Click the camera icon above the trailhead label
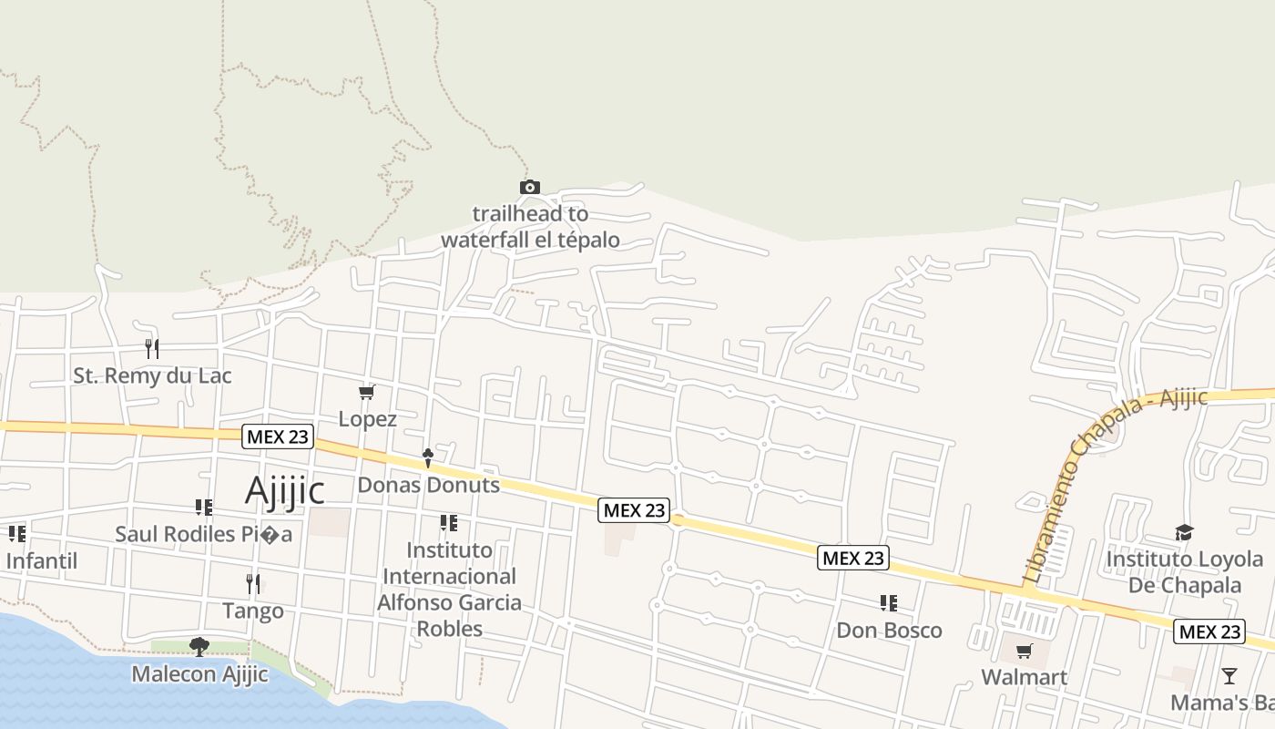coord(529,188)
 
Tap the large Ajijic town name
coord(285,490)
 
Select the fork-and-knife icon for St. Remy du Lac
coord(152,348)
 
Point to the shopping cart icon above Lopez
coord(366,392)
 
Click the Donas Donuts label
coord(428,485)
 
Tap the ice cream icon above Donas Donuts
coord(427,457)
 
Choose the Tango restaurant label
coord(253,611)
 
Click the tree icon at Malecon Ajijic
coord(199,647)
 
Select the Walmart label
coord(1024,677)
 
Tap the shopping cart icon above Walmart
coord(1025,651)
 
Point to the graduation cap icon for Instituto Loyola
coord(1184,532)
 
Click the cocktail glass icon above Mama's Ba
coord(1229,676)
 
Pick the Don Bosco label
coord(889,630)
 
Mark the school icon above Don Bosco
coord(889,602)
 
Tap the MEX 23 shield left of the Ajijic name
coord(278,436)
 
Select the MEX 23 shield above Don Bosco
coord(852,558)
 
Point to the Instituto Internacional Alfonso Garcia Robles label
coord(449,589)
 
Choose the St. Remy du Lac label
coord(152,375)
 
